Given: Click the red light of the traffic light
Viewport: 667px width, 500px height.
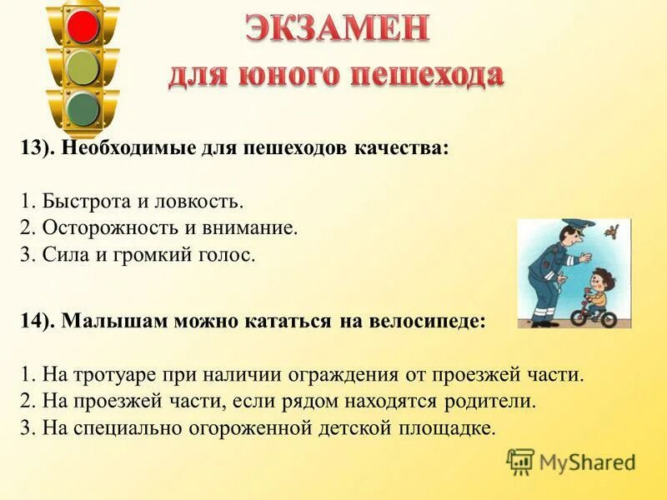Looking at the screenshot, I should pyautogui.click(x=83, y=25).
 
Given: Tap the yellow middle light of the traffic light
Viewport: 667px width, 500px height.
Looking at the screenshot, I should pyautogui.click(x=83, y=67).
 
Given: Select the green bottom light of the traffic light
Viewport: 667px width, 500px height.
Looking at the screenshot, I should pyautogui.click(x=83, y=108).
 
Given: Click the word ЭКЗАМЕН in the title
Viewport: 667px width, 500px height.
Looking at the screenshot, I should pyautogui.click(x=337, y=31).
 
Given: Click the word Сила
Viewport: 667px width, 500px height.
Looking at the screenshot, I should pyautogui.click(x=58, y=254).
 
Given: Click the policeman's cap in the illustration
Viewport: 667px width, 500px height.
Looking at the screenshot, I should pyautogui.click(x=573, y=226).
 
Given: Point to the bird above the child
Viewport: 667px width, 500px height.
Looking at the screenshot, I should pyautogui.click(x=616, y=228).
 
